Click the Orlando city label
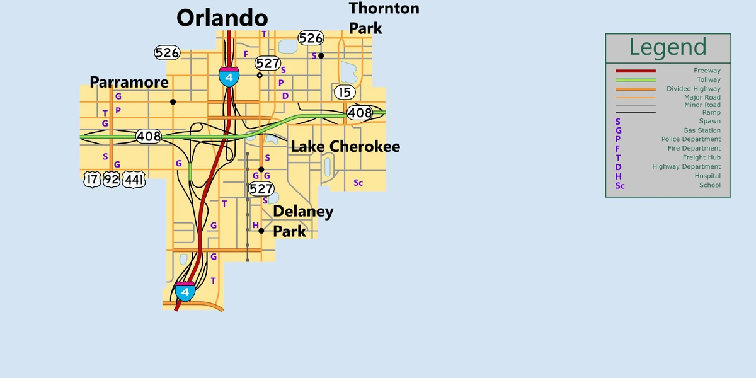point(222,18)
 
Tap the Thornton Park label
point(384,18)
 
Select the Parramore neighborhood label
point(129,83)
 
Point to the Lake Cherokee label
point(345,147)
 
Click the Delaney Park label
point(303,221)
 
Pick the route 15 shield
point(343,92)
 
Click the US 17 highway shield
point(92,180)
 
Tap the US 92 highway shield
point(112,180)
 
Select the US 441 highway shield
point(134,180)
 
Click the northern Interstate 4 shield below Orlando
point(229,76)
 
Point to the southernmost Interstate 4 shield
point(185,292)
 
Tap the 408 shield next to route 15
point(360,113)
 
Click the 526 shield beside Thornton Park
point(311,38)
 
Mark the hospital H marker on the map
point(255,225)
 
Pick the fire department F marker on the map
point(246,54)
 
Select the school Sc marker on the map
point(358,183)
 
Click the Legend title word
point(668,47)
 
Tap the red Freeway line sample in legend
point(636,71)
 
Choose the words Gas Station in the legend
point(702,130)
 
